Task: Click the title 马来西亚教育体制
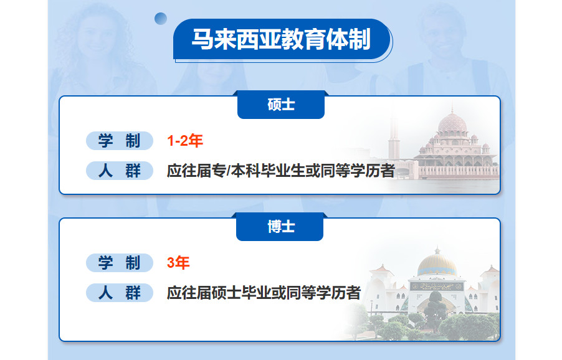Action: click(281, 40)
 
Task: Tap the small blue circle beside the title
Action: click(161, 18)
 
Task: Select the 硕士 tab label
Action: click(281, 105)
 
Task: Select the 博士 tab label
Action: click(280, 227)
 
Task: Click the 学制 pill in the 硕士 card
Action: click(120, 141)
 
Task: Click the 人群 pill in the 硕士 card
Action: click(120, 170)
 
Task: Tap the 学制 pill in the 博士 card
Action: click(120, 263)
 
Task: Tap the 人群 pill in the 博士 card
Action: click(120, 292)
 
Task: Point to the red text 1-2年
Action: click(185, 141)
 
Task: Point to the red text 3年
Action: click(178, 263)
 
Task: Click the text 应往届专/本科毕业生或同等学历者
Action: click(281, 170)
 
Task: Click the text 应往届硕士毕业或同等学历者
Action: click(264, 292)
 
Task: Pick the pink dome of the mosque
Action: click(457, 124)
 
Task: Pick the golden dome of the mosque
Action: click(437, 265)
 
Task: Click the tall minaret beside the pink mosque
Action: click(393, 140)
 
